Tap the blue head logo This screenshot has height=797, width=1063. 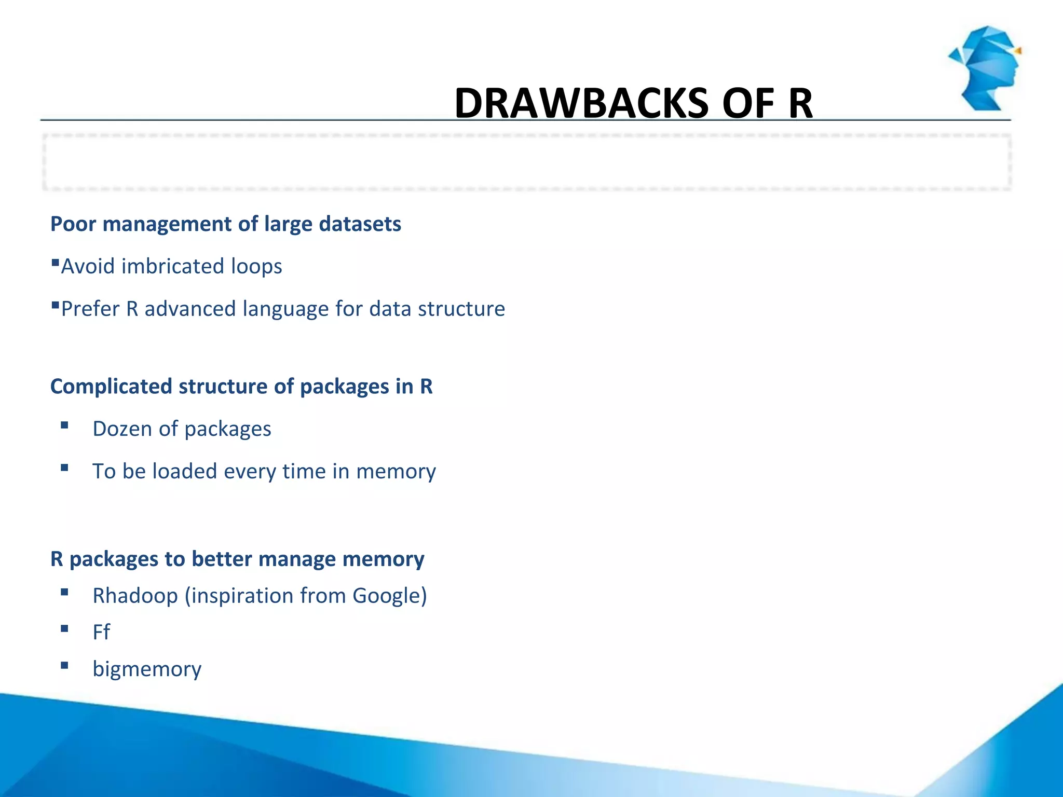pos(985,67)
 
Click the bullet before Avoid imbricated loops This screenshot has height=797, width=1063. pos(55,263)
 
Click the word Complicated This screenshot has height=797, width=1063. pos(111,387)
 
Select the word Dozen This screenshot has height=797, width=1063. pos(122,429)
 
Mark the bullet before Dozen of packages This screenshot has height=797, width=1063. pos(64,425)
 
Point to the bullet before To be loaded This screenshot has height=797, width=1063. pos(64,468)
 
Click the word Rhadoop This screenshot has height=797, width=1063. pos(135,596)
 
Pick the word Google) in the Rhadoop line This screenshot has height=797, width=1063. pos(389,596)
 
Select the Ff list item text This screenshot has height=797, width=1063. pos(101,633)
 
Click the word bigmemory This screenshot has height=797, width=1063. pos(147,669)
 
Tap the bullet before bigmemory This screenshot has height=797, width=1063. pos(64,666)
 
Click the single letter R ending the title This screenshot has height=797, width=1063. pos(800,104)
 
